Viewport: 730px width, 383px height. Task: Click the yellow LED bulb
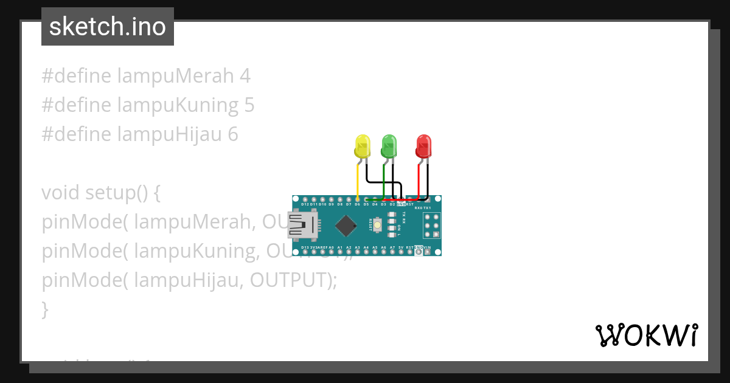[x=362, y=146]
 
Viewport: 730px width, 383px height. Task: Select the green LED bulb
[x=389, y=146]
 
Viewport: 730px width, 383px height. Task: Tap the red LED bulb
[x=423, y=146]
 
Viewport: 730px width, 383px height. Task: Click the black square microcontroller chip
[x=346, y=226]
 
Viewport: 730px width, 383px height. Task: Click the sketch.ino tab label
[x=108, y=27]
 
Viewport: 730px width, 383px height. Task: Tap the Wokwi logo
[x=646, y=335]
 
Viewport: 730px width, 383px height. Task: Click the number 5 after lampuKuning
[x=249, y=105]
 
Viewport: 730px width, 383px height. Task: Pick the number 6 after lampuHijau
[x=233, y=134]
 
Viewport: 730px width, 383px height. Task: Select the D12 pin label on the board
[x=305, y=205]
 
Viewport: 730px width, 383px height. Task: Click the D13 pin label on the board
[x=305, y=248]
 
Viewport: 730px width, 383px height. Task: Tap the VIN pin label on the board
[x=427, y=248]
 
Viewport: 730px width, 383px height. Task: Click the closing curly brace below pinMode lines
[x=45, y=309]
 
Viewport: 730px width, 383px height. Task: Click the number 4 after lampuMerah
[x=245, y=76]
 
